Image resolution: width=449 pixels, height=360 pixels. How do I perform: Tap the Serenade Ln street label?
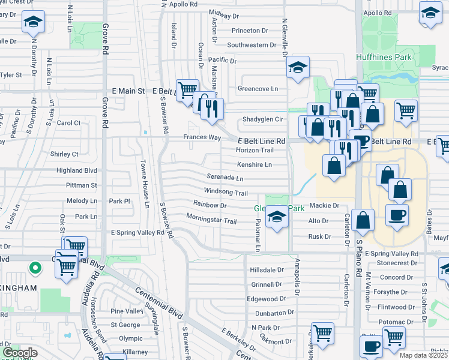(225, 178)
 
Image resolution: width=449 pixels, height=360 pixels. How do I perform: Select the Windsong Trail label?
(226, 193)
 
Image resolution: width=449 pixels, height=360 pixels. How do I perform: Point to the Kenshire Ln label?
(254, 164)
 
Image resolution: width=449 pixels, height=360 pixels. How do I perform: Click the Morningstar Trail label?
(211, 218)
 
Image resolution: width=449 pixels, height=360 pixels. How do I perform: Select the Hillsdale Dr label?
(267, 270)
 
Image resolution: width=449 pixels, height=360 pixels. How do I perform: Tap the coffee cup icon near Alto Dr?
(397, 215)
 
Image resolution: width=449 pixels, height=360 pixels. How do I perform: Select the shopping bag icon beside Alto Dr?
(363, 220)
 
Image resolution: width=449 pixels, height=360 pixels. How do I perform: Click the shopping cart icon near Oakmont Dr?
(322, 332)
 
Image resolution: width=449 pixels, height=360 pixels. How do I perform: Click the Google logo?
(20, 353)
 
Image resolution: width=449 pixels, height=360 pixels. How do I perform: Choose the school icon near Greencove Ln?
(297, 68)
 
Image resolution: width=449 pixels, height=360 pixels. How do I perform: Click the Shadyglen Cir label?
(262, 119)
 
